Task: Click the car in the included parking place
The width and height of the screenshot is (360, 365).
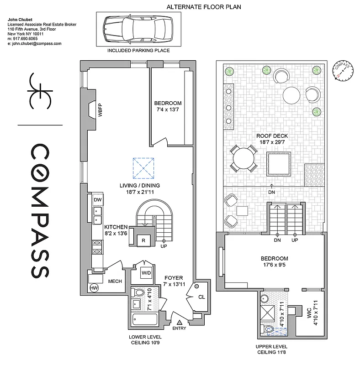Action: coord(138,29)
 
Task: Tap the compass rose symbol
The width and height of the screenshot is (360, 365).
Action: coord(342,70)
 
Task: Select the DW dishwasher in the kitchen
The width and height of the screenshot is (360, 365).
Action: coord(97,200)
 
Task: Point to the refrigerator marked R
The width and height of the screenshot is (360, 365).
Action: coord(143,240)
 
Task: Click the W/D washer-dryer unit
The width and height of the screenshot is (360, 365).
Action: coord(146,273)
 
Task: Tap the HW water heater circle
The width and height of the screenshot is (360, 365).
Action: coord(95,288)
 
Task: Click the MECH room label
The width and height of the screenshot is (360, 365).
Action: coord(115,281)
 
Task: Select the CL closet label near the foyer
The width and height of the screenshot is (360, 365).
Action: coord(201,297)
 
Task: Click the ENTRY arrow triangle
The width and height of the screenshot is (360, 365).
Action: coord(179,322)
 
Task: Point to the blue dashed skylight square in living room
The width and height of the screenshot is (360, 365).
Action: coord(143,167)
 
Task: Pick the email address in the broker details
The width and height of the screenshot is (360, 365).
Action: coord(35,43)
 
